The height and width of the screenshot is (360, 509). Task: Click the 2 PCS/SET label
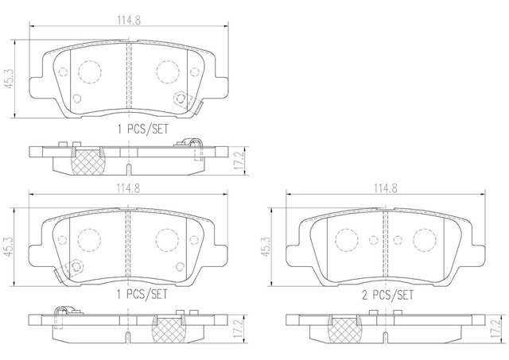388,295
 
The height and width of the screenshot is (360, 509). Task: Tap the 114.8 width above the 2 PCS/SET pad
385,188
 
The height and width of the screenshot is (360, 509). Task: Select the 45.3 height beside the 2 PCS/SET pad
266,247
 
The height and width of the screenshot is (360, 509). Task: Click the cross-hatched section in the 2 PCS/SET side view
344,329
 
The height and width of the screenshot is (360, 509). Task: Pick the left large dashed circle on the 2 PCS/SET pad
347,240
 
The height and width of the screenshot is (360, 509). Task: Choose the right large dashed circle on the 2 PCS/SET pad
424,240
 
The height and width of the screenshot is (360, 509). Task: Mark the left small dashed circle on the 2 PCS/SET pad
374,240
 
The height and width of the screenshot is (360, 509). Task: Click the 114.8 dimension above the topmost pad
129,21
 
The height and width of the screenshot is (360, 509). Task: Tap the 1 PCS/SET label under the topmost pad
143,129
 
